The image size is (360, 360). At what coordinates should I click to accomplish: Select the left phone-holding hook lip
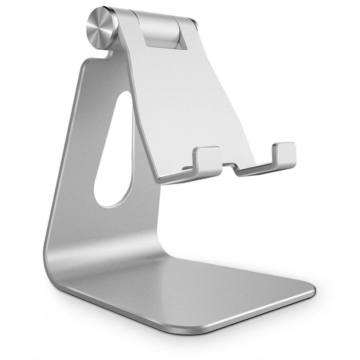(207, 158)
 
